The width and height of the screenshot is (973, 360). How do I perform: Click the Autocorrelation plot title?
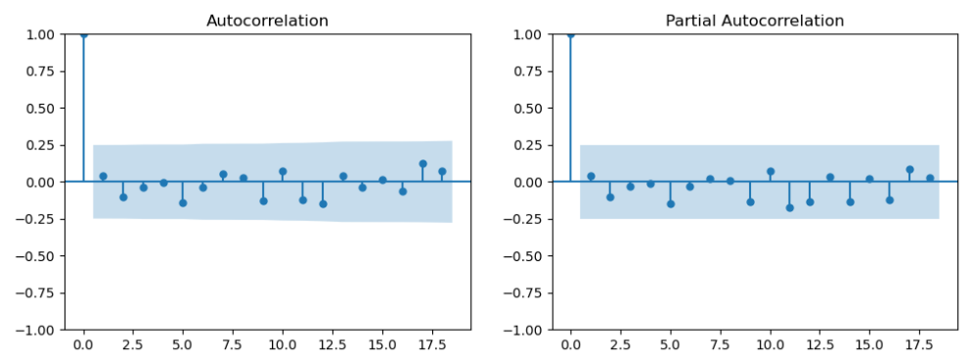(267, 21)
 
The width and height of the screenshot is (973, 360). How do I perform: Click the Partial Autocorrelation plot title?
(754, 21)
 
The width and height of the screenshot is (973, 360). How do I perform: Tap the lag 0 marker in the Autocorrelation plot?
(83, 34)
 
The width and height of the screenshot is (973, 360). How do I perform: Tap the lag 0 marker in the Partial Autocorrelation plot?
(570, 34)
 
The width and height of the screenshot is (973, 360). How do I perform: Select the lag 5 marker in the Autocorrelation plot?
(183, 202)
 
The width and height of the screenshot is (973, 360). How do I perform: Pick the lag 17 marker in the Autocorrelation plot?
(422, 164)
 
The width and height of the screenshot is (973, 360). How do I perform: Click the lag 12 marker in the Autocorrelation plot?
(323, 203)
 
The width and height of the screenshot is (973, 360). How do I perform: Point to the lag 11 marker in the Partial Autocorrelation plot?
(789, 207)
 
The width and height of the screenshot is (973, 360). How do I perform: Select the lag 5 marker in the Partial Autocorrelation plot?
(670, 203)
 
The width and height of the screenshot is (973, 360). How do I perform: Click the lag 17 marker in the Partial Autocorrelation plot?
(909, 169)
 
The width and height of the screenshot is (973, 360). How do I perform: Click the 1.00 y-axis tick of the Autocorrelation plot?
(41, 34)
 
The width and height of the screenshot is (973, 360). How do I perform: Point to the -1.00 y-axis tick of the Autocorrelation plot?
(38, 330)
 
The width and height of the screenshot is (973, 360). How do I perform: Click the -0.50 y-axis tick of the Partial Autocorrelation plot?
(525, 256)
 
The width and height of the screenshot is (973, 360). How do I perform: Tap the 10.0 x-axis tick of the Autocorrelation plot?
(283, 345)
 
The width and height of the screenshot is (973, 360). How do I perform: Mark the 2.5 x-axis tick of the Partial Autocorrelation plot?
(620, 345)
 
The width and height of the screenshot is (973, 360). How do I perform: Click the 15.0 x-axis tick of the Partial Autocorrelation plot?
(869, 345)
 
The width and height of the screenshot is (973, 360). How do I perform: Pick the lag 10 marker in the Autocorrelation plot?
(283, 171)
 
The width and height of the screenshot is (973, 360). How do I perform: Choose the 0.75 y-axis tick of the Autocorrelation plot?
(41, 71)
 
